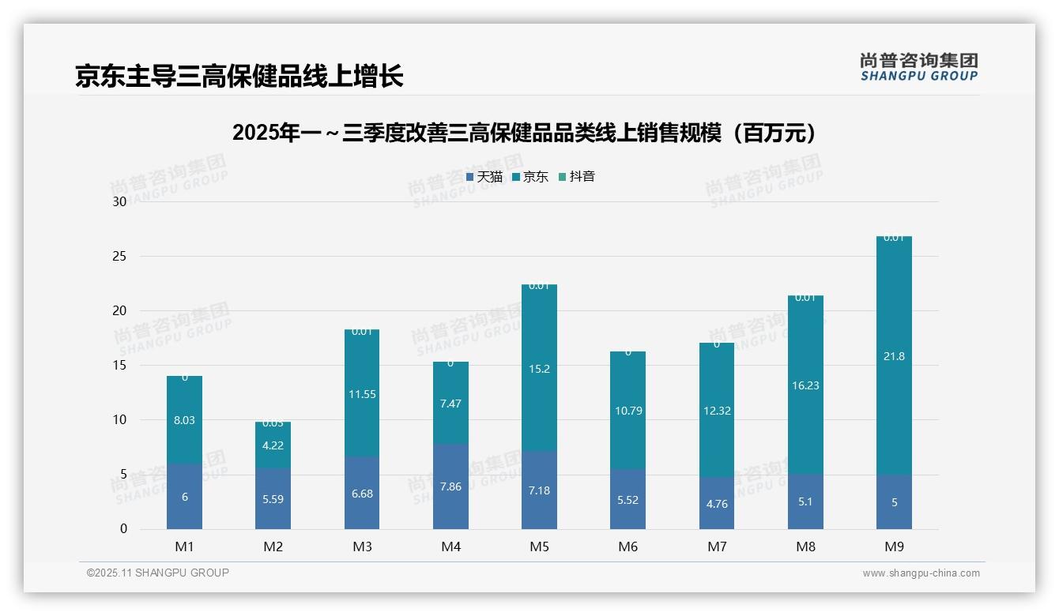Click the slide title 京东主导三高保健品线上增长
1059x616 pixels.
coord(239,77)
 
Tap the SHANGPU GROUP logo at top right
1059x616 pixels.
coord(918,67)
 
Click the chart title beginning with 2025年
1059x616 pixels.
coord(525,133)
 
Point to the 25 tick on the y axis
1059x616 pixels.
coord(119,256)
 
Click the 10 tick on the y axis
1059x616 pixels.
coord(119,419)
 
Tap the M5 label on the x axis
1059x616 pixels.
coord(539,547)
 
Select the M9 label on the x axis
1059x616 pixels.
coord(894,547)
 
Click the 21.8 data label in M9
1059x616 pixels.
coord(894,356)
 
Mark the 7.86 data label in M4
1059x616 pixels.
coord(450,486)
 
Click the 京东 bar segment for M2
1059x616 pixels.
coord(273,445)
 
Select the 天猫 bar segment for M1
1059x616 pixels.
coord(184,497)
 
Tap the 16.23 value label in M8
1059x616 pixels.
coord(805,385)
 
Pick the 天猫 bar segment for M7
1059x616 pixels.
coord(717,503)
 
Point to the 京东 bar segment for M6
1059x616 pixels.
coord(627,411)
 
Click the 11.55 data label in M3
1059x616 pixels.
coord(362,394)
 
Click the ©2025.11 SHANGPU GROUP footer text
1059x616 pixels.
coord(158,573)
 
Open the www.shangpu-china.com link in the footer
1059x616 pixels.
coord(921,573)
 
